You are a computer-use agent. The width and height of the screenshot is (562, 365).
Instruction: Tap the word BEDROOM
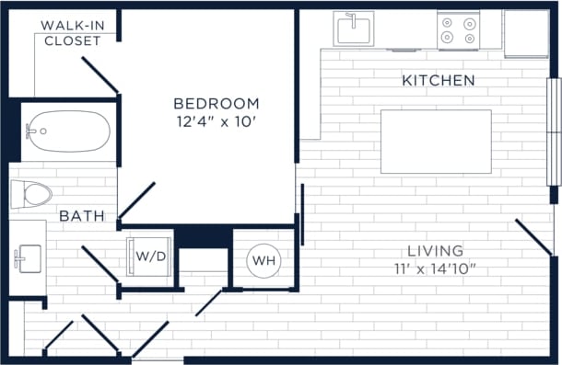(217, 104)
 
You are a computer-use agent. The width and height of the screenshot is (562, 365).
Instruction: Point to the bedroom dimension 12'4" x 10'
(217, 121)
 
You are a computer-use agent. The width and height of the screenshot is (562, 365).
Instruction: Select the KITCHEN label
(439, 81)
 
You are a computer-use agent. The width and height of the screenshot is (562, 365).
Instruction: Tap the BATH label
(81, 216)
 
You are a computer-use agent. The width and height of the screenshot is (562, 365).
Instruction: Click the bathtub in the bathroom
(68, 131)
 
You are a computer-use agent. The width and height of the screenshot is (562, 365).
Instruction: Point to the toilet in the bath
(32, 194)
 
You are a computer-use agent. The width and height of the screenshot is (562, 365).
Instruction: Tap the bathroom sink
(27, 257)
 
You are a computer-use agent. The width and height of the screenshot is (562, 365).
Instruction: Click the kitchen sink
(355, 29)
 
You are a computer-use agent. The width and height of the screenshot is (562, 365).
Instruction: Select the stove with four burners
(458, 29)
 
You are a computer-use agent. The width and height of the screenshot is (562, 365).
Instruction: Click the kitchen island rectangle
(436, 141)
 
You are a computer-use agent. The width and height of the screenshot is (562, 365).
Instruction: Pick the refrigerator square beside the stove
(526, 31)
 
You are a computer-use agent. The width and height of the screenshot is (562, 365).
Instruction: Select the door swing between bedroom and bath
(136, 200)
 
